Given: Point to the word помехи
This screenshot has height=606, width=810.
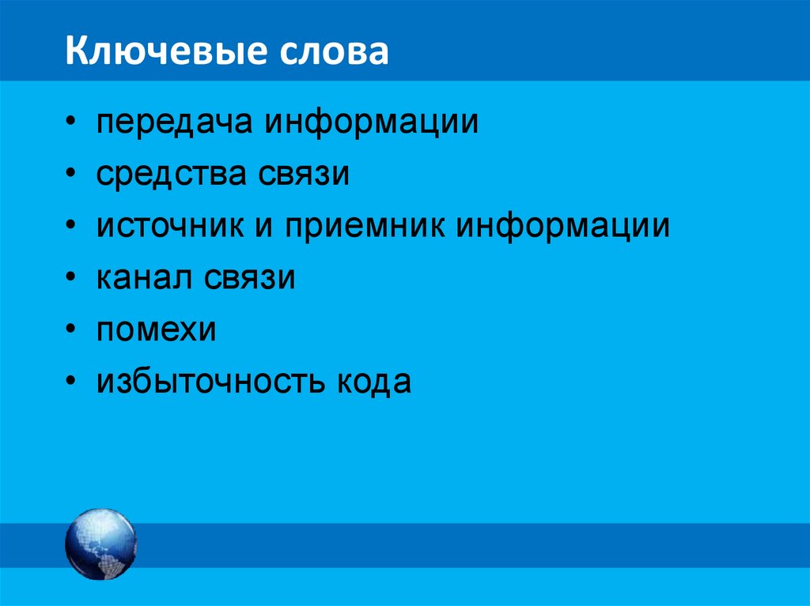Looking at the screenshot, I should click(x=157, y=330).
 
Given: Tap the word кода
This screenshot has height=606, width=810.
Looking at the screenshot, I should click(x=373, y=382).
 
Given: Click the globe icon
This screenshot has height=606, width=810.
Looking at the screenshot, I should click(x=100, y=544).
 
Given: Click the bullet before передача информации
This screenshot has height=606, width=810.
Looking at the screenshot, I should click(x=72, y=123).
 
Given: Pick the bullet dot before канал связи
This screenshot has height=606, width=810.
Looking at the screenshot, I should click(x=72, y=278).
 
